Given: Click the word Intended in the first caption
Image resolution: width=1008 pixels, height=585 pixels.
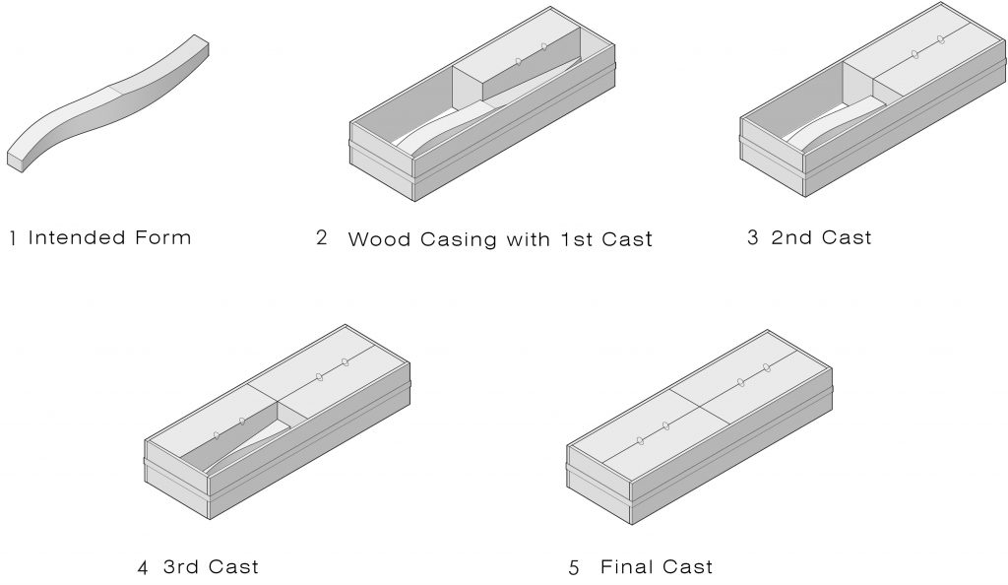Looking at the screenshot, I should point(77,237).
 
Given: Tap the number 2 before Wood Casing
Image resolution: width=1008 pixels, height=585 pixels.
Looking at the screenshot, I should point(322,238).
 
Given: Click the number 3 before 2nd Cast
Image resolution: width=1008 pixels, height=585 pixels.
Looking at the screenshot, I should point(752,237).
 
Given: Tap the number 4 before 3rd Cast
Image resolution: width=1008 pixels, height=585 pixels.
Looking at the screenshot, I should point(143,567).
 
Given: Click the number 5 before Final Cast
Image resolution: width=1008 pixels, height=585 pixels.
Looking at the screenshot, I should point(574,567).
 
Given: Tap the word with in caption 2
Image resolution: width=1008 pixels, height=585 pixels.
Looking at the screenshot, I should point(529,239).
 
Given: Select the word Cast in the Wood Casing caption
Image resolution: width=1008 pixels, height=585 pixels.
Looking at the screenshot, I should point(629,239).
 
